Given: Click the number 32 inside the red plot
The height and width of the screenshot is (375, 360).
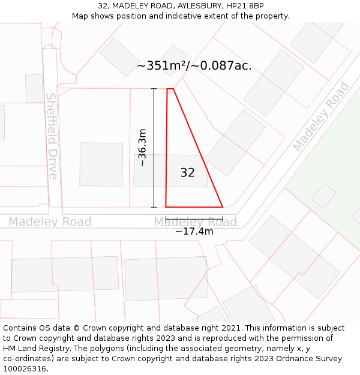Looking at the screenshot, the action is pyautogui.click(x=187, y=173).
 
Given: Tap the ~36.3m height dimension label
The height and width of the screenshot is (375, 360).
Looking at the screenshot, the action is pyautogui.click(x=142, y=148).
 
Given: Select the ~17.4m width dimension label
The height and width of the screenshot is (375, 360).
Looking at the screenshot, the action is pyautogui.click(x=194, y=232).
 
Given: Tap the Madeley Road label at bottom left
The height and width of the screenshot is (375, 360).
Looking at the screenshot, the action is pyautogui.click(x=50, y=222).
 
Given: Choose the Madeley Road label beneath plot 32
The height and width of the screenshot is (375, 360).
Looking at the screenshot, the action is pyautogui.click(x=195, y=222).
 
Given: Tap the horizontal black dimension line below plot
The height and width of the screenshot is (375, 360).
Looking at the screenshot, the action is pyautogui.click(x=194, y=218).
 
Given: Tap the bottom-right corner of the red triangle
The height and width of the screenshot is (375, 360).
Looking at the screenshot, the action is pyautogui.click(x=223, y=207).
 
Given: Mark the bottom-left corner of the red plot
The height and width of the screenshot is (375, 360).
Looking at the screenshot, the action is pyautogui.click(x=166, y=207).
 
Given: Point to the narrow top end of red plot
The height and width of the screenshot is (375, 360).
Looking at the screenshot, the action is pyautogui.click(x=170, y=89).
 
